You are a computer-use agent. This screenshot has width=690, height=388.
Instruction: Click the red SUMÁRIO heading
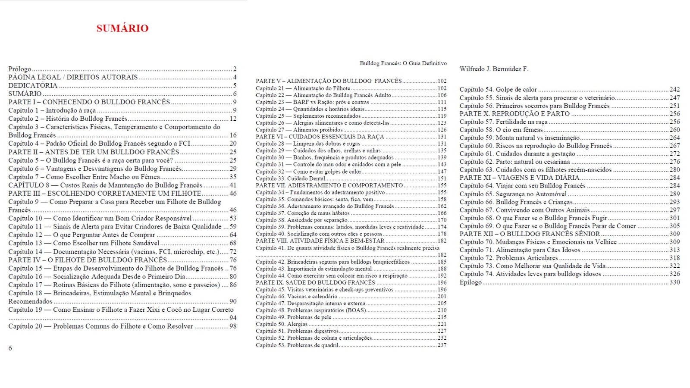pos(122,28)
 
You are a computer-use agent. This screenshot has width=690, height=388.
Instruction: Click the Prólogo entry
pos(20,69)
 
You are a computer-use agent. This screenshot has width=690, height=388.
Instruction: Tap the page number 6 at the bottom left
pos(10,348)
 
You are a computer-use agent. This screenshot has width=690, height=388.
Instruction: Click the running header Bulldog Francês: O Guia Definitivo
pos(403,63)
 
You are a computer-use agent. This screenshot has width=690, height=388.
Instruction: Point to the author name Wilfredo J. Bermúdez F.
pos(494,69)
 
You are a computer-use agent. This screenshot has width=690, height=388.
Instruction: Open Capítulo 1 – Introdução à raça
pos(52,110)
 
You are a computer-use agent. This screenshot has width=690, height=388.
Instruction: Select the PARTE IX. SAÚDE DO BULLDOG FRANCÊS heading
pos(315,283)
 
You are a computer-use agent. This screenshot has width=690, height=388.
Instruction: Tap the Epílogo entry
pos(470,282)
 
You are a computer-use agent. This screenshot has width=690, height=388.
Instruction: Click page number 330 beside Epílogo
pos(674,282)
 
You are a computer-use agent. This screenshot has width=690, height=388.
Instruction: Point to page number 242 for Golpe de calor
pos(674,90)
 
